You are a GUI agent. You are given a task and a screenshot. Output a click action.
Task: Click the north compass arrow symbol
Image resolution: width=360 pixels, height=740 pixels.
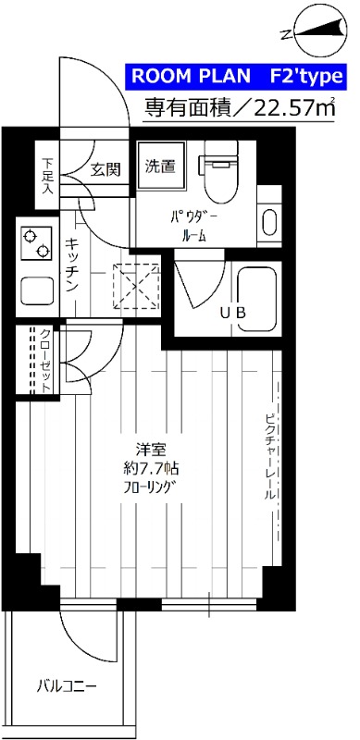[x=311, y=32]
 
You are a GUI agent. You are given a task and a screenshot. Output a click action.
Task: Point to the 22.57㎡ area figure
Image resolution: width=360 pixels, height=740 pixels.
[x=293, y=108]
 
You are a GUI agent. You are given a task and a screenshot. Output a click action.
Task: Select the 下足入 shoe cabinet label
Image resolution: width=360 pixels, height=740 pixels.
[x=47, y=175]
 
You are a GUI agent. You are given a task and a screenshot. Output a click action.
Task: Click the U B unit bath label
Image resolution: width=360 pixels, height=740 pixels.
[x=232, y=313]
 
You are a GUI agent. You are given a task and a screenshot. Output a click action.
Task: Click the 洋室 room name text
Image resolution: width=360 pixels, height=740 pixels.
[x=148, y=450]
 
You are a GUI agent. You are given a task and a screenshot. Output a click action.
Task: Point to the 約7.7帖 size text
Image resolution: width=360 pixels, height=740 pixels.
[x=148, y=469]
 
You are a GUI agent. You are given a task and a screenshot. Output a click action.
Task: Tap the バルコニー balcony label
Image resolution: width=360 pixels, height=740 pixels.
[x=66, y=686]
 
